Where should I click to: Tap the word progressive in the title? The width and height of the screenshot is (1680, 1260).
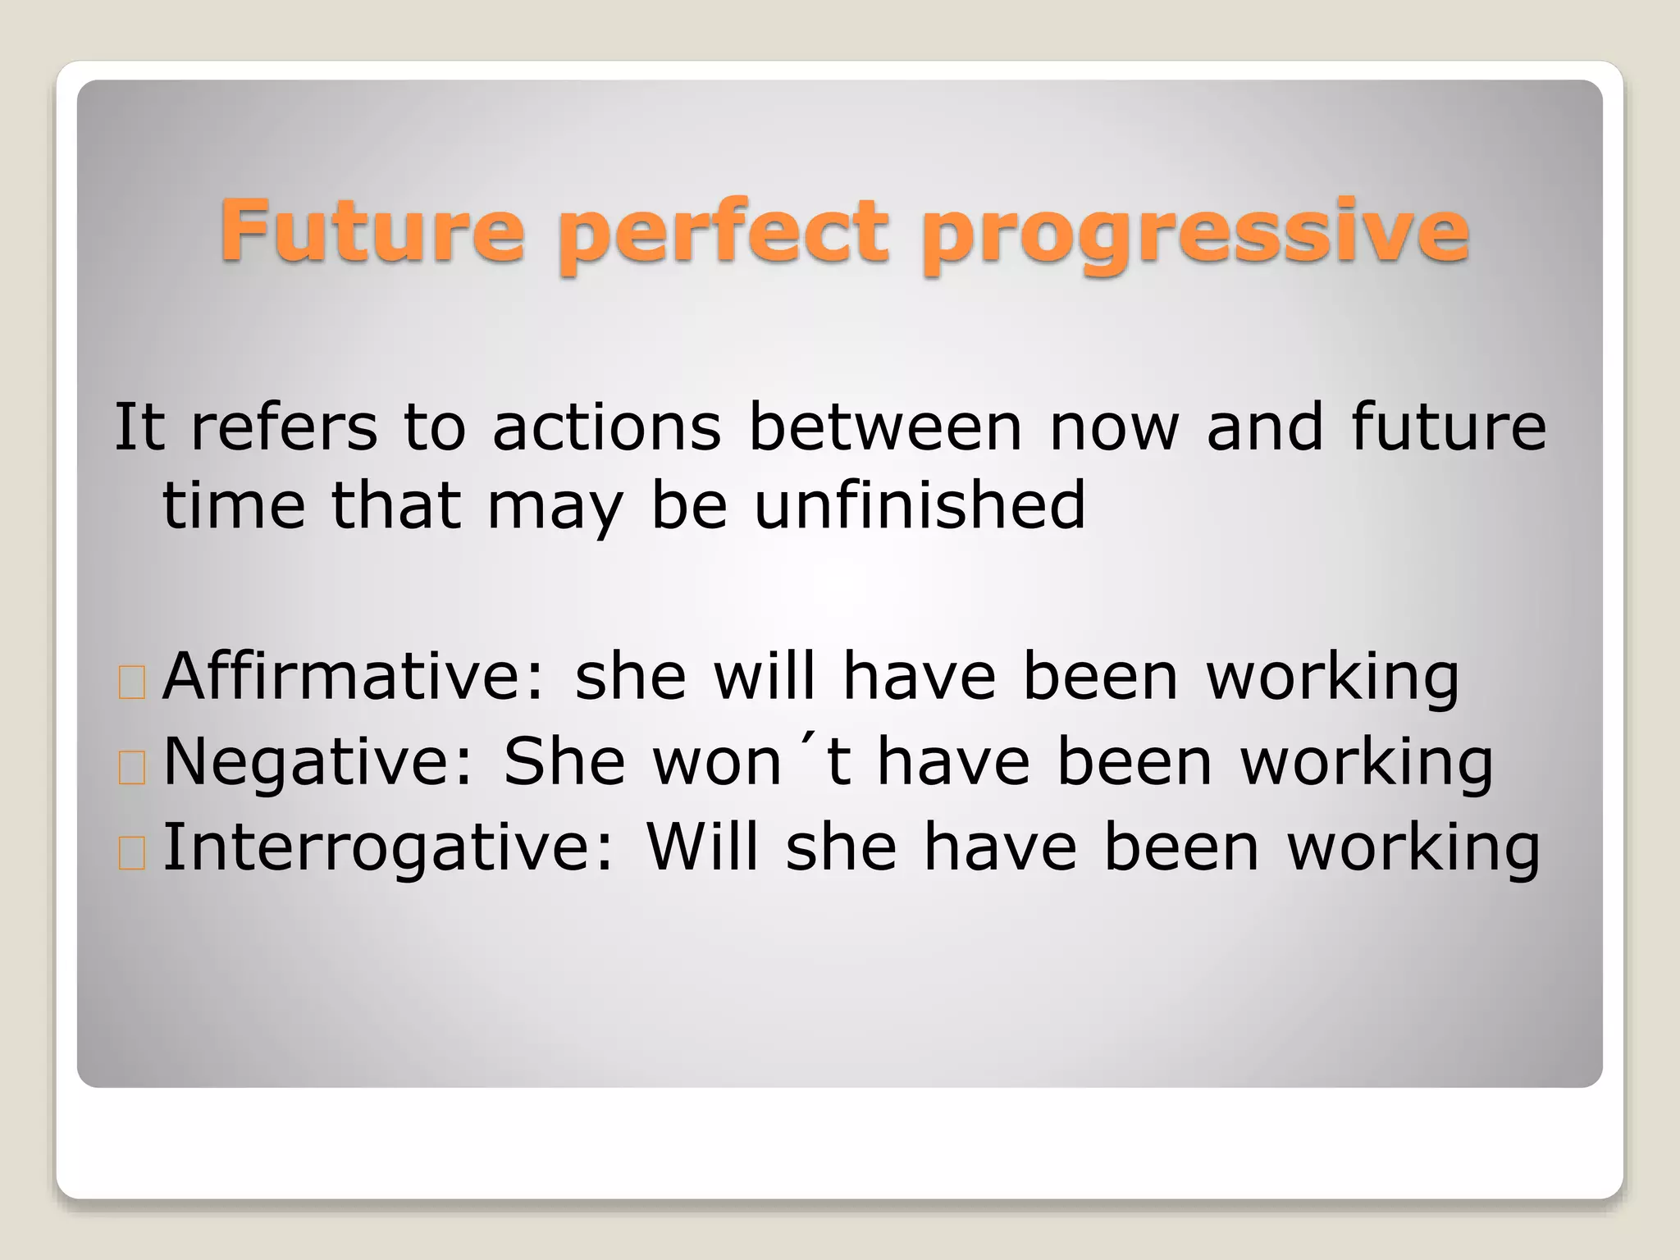click(x=1194, y=235)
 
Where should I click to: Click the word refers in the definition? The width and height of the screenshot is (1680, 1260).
click(x=284, y=427)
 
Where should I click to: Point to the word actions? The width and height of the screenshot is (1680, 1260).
click(x=606, y=427)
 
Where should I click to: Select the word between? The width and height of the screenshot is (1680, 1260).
click(x=885, y=427)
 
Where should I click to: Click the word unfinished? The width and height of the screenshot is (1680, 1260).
click(x=920, y=505)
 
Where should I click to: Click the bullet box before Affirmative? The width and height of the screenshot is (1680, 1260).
click(x=132, y=682)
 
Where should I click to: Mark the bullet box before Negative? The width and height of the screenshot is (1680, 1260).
click(x=132, y=768)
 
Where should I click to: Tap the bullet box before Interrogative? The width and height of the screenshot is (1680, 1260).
click(x=132, y=853)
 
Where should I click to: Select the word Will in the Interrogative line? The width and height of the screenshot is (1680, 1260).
click(x=702, y=847)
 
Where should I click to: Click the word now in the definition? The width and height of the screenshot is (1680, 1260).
click(x=1114, y=429)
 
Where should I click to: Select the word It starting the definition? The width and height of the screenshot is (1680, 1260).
click(x=139, y=427)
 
